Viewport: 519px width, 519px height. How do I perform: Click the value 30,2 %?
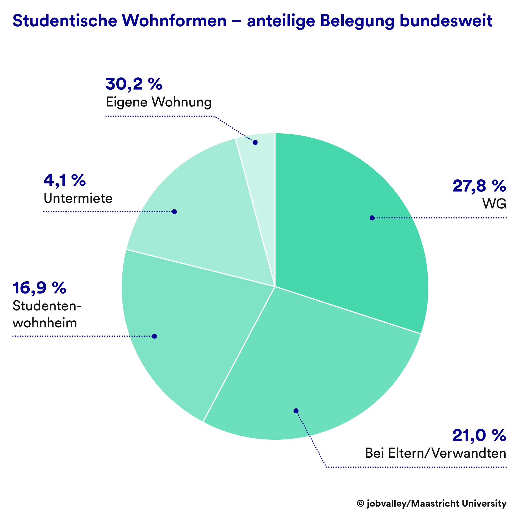(134, 84)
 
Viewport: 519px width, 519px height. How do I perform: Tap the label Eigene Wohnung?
(158, 102)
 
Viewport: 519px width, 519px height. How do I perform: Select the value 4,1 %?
(64, 180)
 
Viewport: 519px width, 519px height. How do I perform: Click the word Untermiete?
(78, 198)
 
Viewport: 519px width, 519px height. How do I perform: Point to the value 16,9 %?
(39, 288)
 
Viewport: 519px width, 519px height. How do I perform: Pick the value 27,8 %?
(479, 186)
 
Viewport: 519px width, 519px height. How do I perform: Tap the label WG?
(494, 204)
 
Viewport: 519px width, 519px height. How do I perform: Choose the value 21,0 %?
(479, 435)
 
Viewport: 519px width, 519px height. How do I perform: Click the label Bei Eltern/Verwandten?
(435, 453)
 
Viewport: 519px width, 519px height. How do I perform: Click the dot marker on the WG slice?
(372, 218)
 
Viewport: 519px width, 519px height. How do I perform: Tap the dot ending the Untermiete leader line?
(174, 212)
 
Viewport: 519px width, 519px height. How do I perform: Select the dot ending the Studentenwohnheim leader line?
(155, 336)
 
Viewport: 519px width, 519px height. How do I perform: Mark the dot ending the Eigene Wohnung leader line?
(255, 142)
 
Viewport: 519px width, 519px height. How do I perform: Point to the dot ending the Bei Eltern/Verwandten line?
(296, 411)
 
